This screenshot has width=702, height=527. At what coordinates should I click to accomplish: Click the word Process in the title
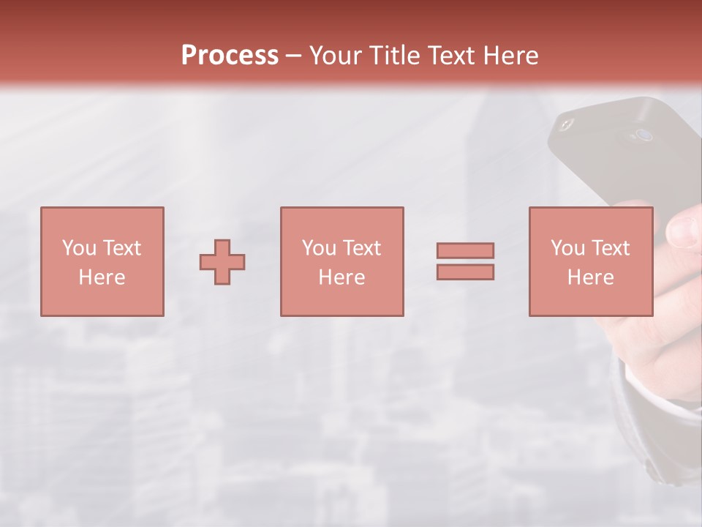point(230,56)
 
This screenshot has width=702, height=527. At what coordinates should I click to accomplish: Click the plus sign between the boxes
point(222,261)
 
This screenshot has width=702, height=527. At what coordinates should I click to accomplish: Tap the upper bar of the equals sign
point(465,250)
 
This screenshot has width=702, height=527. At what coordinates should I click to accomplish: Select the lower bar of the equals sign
point(465,272)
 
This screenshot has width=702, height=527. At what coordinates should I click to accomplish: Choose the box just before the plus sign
point(102,261)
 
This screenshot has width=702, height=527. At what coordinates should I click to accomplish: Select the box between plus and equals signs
point(341,261)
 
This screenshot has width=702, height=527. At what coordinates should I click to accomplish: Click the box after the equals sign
point(590,261)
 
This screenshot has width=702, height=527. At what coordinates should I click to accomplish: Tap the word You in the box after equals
point(567,248)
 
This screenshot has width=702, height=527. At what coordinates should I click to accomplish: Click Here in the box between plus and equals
point(341,277)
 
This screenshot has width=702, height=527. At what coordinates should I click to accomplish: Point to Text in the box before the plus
point(122,248)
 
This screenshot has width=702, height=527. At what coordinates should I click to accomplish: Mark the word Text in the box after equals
point(611,248)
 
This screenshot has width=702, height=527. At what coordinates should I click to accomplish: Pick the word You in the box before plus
point(78,248)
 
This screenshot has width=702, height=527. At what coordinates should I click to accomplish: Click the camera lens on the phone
point(643,135)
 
